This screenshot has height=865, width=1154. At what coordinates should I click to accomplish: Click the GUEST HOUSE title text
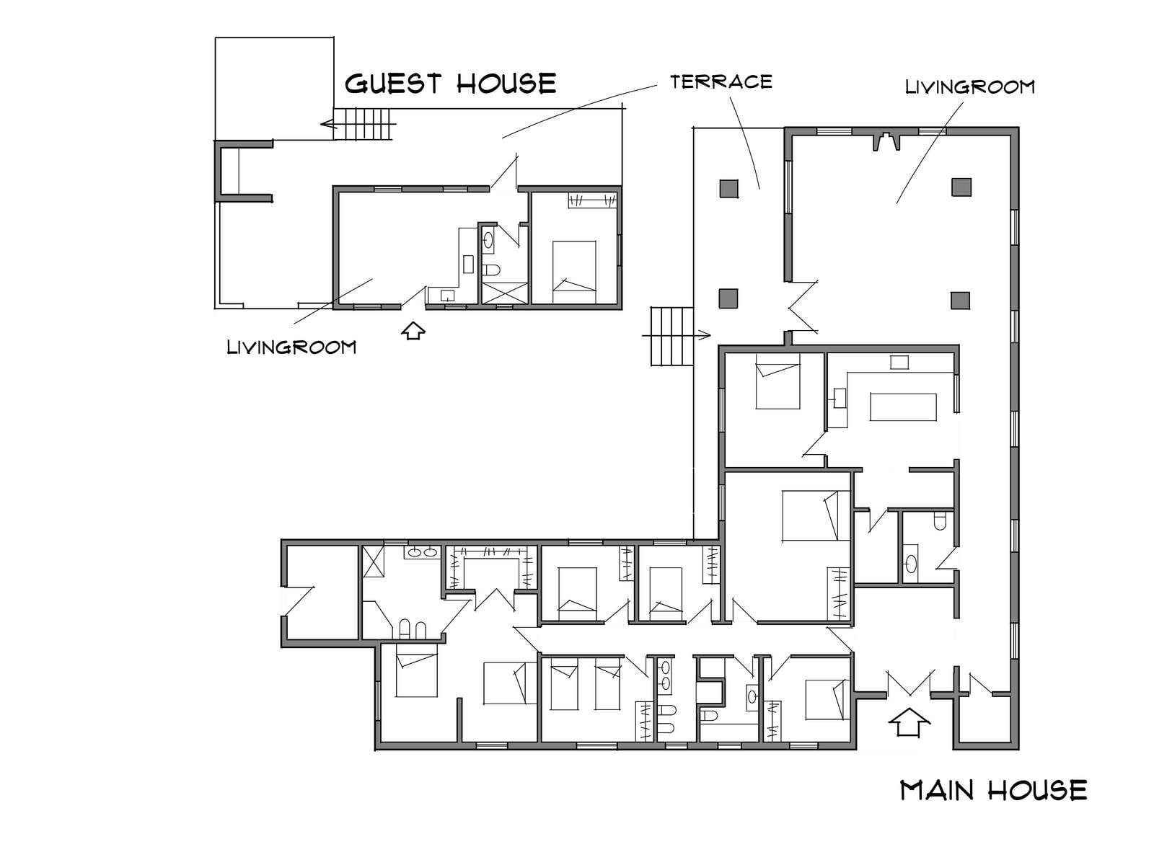pyautogui.click(x=450, y=84)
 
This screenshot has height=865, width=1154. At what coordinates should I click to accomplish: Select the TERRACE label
pyautogui.click(x=721, y=81)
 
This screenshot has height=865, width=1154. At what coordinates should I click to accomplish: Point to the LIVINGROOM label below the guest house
pyautogui.click(x=291, y=347)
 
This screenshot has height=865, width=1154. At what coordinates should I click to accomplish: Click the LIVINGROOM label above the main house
pyautogui.click(x=970, y=86)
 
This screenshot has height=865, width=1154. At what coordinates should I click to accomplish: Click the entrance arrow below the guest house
pyautogui.click(x=413, y=330)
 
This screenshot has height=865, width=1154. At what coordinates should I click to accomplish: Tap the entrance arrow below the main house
pyautogui.click(x=909, y=723)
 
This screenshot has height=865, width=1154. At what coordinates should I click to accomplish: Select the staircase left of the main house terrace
pyautogui.click(x=672, y=336)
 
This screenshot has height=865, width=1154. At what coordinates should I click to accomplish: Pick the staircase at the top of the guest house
pyautogui.click(x=364, y=124)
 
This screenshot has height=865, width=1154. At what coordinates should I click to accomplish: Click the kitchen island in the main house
pyautogui.click(x=903, y=407)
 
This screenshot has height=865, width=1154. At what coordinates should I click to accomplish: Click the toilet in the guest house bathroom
pyautogui.click(x=490, y=270)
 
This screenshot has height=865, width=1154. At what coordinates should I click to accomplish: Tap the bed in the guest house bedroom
pyautogui.click(x=574, y=272)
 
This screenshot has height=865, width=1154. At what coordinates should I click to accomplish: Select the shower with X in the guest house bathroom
pyautogui.click(x=505, y=293)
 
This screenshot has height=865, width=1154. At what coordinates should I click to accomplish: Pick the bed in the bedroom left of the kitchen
pyautogui.click(x=778, y=381)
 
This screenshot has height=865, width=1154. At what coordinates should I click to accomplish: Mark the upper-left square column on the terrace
pyautogui.click(x=728, y=188)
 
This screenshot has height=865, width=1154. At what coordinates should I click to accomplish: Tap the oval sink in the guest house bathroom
pyautogui.click(x=488, y=240)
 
